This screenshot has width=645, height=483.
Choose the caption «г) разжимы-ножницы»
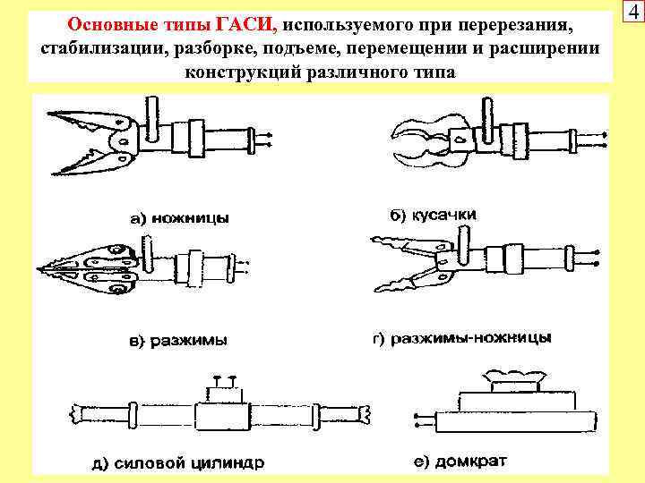click(461, 338)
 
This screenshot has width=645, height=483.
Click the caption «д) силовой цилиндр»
click(176, 463)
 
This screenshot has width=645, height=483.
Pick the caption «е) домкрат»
click(460, 462)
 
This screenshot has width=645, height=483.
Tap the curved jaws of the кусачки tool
click(421, 143)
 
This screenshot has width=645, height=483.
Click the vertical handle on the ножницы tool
click(152, 121)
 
